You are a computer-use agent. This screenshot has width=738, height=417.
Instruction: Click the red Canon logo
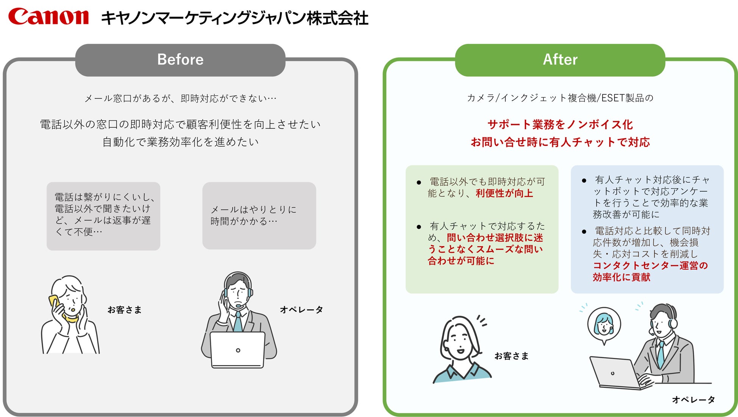pos(48,17)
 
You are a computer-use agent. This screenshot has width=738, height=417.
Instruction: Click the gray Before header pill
pos(180,60)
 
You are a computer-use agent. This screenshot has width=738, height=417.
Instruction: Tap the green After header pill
pos(560,60)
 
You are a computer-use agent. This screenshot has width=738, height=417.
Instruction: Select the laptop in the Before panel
pos(238,350)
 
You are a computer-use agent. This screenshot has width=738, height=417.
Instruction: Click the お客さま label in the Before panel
pos(125,310)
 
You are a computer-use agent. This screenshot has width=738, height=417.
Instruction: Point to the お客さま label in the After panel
pos(511,356)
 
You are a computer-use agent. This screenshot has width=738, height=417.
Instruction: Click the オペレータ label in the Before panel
pos(301,310)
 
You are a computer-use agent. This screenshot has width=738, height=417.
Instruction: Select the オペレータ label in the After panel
pos(693,400)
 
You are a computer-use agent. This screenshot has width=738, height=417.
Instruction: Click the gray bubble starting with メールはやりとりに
pos(259,216)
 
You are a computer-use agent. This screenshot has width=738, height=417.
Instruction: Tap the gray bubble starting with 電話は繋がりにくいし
pos(103,216)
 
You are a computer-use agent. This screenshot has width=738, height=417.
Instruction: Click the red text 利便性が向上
pos(504,194)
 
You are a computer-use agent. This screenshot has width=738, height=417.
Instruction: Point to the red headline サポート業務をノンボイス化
pos(560,125)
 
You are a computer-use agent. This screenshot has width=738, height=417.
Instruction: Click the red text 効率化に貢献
pos(621,277)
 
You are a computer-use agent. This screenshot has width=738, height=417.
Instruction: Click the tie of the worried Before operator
pos(238,322)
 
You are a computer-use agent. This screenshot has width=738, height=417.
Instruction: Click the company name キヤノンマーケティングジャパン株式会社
pos(235,18)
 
